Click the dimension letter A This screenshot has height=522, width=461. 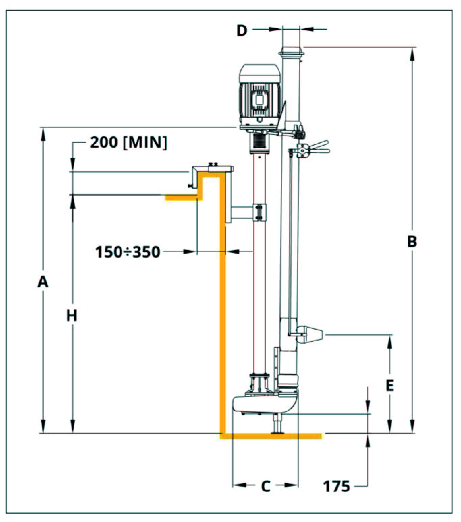tap(43, 282)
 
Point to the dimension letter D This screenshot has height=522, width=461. tap(242, 31)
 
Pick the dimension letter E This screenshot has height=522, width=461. tap(389, 386)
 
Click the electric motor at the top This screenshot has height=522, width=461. tap(260, 97)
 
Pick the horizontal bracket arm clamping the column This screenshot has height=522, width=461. tap(242, 212)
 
